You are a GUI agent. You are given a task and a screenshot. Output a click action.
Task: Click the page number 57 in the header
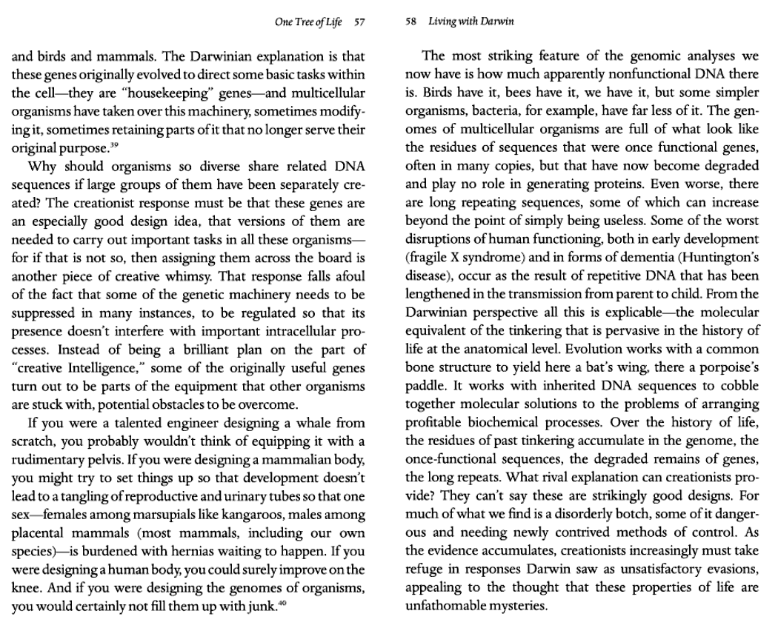tap(359, 21)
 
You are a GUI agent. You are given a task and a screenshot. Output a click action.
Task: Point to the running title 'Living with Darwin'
tap(471, 21)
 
